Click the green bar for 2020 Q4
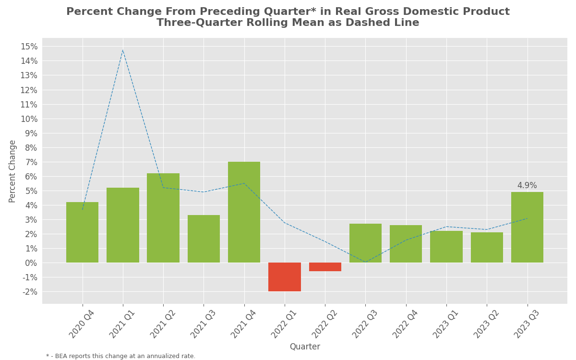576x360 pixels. [82, 232]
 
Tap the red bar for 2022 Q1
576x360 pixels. [285, 277]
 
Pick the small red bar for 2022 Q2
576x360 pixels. [325, 267]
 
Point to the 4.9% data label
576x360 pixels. [527, 186]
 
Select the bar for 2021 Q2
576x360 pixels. [163, 218]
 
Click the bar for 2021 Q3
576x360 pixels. [204, 239]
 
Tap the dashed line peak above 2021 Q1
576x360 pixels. [123, 50]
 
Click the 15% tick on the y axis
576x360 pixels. [29, 47]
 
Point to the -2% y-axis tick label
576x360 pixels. [30, 292]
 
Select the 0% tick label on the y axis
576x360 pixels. [31, 263]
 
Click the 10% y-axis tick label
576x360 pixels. [29, 119]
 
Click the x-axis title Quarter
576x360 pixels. [304, 347]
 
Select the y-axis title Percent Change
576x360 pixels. [12, 171]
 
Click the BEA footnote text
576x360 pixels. [121, 356]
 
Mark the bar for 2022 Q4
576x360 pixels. [406, 244]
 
